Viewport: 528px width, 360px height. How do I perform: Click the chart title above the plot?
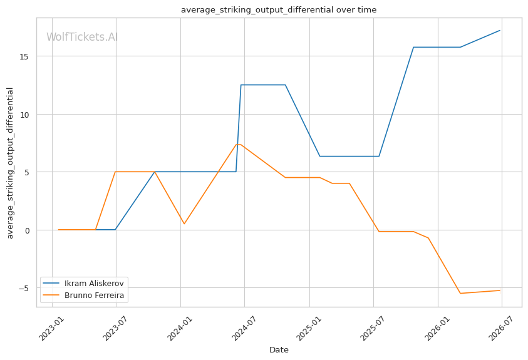(x=279, y=10)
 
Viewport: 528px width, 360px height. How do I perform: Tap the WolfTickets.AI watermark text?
(x=82, y=37)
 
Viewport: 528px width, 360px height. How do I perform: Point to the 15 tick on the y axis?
(x=24, y=56)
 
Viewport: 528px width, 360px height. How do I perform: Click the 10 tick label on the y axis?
(x=24, y=115)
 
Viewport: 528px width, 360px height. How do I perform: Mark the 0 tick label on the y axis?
(x=26, y=230)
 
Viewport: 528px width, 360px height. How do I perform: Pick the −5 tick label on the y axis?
(x=23, y=289)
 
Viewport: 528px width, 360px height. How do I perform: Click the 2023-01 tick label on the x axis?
(x=52, y=328)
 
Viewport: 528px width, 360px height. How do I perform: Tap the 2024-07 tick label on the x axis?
(x=244, y=328)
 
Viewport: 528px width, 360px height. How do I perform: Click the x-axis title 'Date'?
(x=279, y=350)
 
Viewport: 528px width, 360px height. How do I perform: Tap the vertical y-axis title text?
(x=10, y=163)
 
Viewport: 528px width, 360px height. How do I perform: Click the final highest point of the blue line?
(x=500, y=30)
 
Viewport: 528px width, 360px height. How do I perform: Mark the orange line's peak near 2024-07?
(x=239, y=145)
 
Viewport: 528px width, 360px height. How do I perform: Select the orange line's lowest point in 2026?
(x=460, y=294)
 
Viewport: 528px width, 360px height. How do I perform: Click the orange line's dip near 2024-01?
(x=184, y=224)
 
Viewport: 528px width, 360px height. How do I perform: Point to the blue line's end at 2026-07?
(x=500, y=30)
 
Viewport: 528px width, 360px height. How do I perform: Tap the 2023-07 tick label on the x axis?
(x=116, y=328)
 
